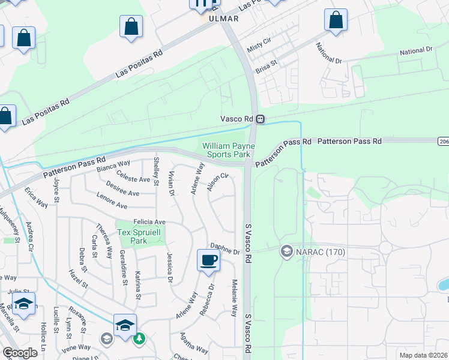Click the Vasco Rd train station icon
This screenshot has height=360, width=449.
click(x=260, y=119)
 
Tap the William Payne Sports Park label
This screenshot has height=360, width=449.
click(x=228, y=150)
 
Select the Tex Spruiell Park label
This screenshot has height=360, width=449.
click(x=132, y=236)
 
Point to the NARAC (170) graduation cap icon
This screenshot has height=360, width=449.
click(x=287, y=252)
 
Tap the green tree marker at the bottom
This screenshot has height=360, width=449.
click(x=139, y=338)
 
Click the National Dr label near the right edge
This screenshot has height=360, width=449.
click(x=416, y=52)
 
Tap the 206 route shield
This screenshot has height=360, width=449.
click(x=443, y=140)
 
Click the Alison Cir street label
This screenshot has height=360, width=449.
click(x=217, y=182)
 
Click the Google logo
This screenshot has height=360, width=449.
click(x=20, y=352)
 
